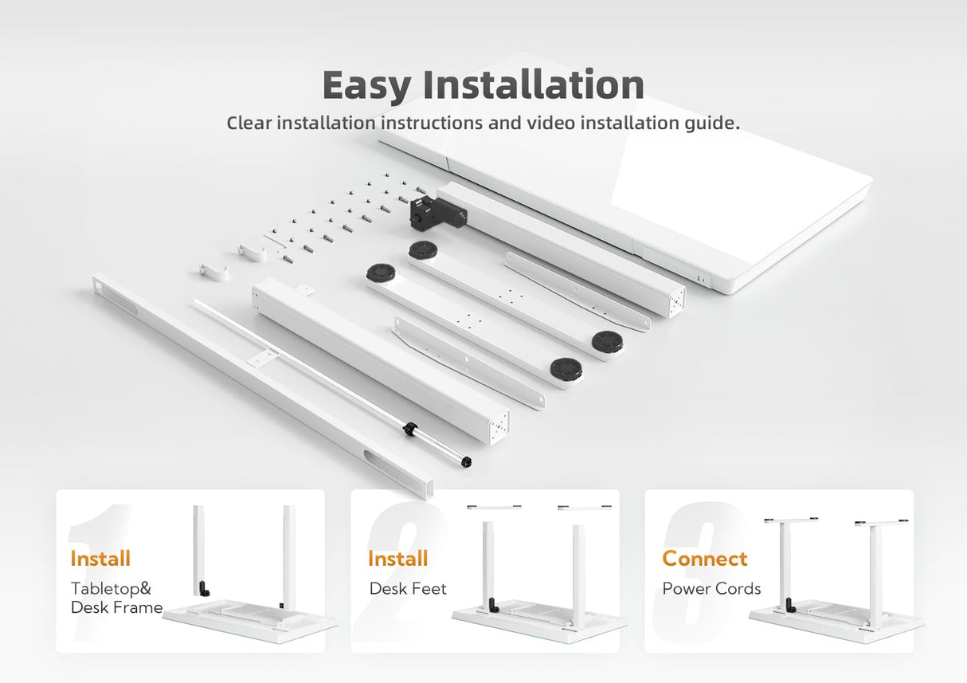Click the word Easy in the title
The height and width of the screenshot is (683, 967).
(366, 85)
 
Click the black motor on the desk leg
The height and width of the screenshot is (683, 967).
(437, 213)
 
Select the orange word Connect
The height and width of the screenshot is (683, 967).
(704, 558)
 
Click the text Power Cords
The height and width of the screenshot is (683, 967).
(711, 588)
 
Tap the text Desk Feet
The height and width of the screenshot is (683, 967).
(408, 588)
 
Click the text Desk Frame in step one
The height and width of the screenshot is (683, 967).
(116, 607)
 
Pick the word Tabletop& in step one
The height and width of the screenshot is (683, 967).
(111, 588)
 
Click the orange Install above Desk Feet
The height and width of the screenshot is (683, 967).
(397, 558)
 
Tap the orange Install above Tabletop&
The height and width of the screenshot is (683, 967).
(100, 558)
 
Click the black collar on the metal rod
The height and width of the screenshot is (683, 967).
(409, 429)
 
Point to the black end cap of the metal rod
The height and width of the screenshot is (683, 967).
(467, 461)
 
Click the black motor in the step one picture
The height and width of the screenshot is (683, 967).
(203, 588)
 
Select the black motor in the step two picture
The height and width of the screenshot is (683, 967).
(493, 604)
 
